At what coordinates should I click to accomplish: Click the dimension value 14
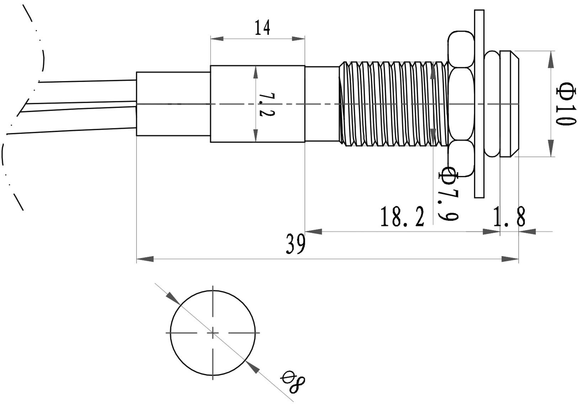pyautogui.click(x=263, y=28)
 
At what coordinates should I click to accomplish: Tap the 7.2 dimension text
pyautogui.click(x=264, y=105)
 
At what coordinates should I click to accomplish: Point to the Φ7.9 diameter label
pyautogui.click(x=448, y=194)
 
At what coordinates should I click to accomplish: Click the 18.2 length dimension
pyautogui.click(x=402, y=217)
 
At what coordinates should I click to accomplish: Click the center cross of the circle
pyautogui.click(x=213, y=333)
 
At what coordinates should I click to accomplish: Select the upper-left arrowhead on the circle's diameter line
pyautogui.click(x=173, y=298)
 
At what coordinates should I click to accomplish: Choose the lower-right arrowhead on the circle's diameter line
pyautogui.click(x=253, y=367)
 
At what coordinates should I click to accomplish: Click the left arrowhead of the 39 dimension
pyautogui.click(x=145, y=259)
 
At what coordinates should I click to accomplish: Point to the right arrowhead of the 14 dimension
pyautogui.click(x=298, y=38)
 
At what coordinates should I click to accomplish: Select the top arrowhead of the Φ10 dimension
pyautogui.click(x=551, y=59)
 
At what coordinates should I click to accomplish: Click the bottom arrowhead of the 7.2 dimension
pyautogui.click(x=255, y=135)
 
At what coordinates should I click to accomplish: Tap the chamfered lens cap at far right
pyautogui.click(x=509, y=104)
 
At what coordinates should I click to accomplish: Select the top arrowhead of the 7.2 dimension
pyautogui.click(x=255, y=73)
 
